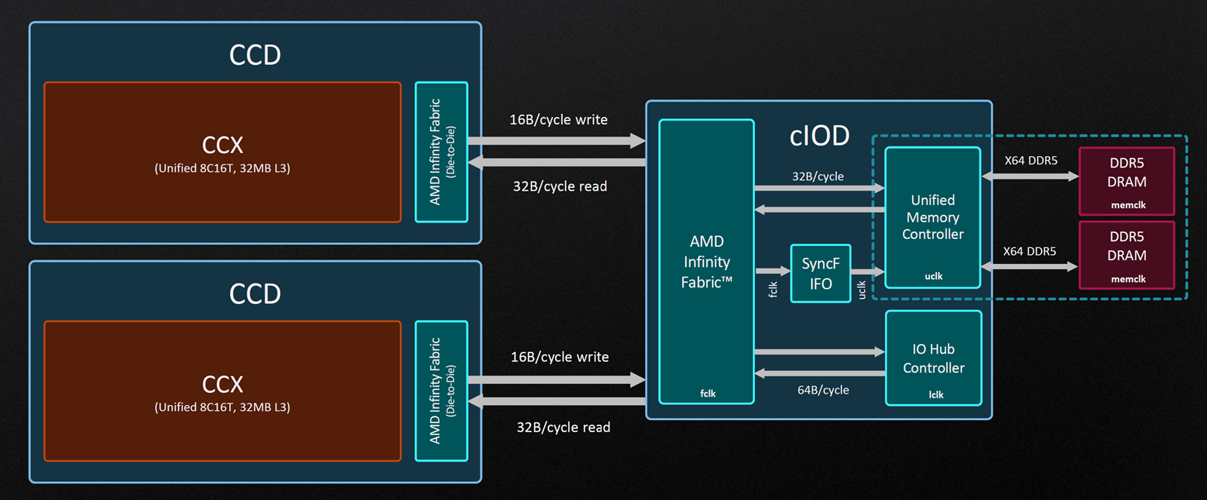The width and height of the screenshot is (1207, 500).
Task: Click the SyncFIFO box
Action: pos(821,273)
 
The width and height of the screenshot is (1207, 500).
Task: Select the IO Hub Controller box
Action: pos(933,357)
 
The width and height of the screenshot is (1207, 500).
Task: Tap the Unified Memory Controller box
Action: pos(932,217)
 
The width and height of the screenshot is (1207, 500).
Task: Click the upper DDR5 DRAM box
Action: pos(1127,181)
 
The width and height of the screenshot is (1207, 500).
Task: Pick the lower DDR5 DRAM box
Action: pos(1127,255)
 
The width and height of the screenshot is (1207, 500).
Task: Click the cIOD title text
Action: pos(819,136)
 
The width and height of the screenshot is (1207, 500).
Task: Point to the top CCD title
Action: pos(255,55)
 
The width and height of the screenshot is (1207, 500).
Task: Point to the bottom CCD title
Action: pos(255,293)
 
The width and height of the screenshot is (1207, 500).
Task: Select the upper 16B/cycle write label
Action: pos(558,120)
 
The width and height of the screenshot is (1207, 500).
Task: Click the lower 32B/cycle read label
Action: pos(563,428)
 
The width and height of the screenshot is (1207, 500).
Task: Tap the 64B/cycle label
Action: pos(823,390)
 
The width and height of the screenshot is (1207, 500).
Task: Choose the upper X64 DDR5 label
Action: pos(1030,161)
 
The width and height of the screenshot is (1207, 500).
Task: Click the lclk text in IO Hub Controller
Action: pos(936,395)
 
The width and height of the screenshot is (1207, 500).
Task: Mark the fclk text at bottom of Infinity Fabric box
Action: pos(708,394)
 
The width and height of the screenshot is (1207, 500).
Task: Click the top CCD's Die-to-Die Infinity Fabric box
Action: pos(441,152)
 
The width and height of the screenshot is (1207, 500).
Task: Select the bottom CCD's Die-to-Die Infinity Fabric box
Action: pos(441,391)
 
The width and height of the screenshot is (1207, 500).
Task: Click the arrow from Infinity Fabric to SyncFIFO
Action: pos(772,271)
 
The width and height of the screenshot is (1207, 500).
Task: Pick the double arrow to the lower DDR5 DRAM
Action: pos(1030,266)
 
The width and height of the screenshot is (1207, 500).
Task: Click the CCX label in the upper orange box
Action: pos(223,146)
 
